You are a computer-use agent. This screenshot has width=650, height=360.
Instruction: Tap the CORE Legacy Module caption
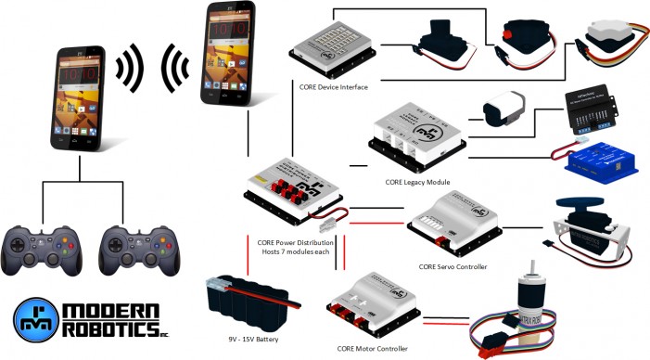tap(417, 183)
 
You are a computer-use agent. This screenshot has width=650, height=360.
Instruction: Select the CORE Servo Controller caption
tap(452, 267)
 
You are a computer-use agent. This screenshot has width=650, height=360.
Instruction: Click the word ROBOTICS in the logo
tap(108, 329)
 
